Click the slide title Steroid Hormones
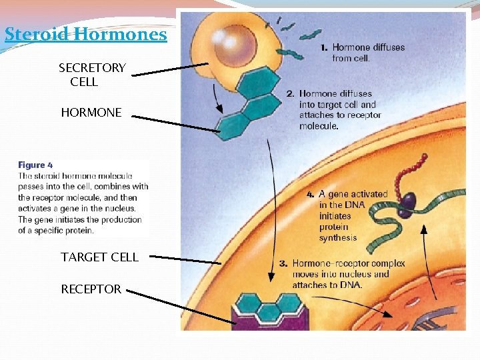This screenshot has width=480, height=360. (85, 34)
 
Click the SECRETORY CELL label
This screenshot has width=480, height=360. (91, 75)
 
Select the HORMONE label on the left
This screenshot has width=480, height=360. (91, 113)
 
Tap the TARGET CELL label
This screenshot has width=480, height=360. (99, 257)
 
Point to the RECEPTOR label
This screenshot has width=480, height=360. (91, 289)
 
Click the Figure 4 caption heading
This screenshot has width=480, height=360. (35, 165)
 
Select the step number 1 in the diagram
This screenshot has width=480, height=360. (323, 47)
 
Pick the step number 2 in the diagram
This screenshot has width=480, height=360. (290, 94)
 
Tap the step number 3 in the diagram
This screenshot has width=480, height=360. (283, 263)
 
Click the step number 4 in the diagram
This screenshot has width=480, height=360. (310, 195)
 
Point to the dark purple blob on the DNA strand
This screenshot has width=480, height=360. (407, 199)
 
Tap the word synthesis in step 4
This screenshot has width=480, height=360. (338, 237)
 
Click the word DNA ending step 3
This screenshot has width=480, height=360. (350, 285)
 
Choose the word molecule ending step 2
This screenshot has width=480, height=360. (319, 125)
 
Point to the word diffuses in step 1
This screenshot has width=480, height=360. (387, 47)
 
